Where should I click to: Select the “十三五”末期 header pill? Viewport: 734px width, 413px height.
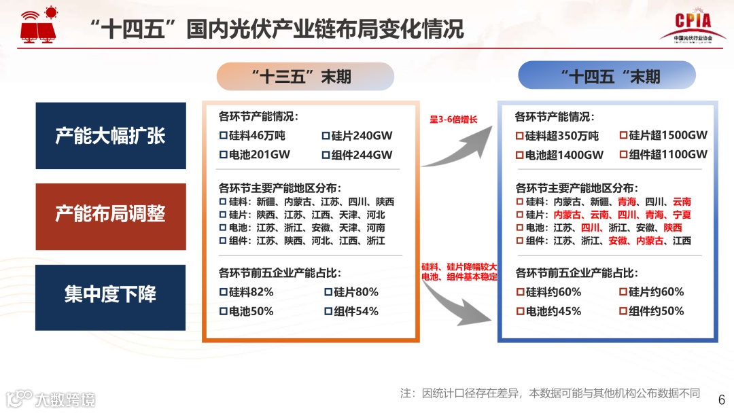coord(305,76)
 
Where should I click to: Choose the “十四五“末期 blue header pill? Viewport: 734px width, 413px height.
coord(607,75)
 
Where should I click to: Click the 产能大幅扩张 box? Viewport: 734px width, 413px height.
coord(111,136)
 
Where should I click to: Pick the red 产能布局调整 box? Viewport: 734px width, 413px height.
coord(111,215)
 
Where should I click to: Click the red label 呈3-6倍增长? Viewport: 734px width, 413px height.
coord(453,120)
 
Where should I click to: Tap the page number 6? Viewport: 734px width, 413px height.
coord(722,399)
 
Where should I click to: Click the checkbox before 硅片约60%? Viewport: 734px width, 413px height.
coord(623,292)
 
